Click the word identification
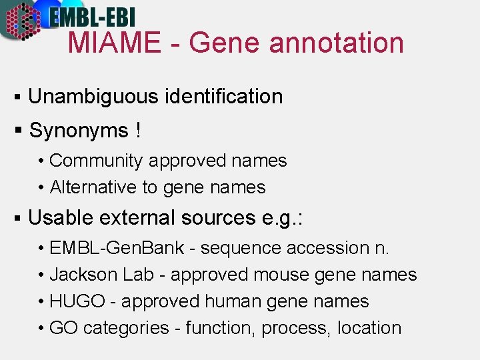coord(223,97)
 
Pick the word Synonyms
coord(79,131)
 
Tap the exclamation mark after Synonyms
coord(137,130)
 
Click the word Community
coord(96,161)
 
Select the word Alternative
coord(93,188)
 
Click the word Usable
coord(62,218)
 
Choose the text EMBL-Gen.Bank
coord(117,248)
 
